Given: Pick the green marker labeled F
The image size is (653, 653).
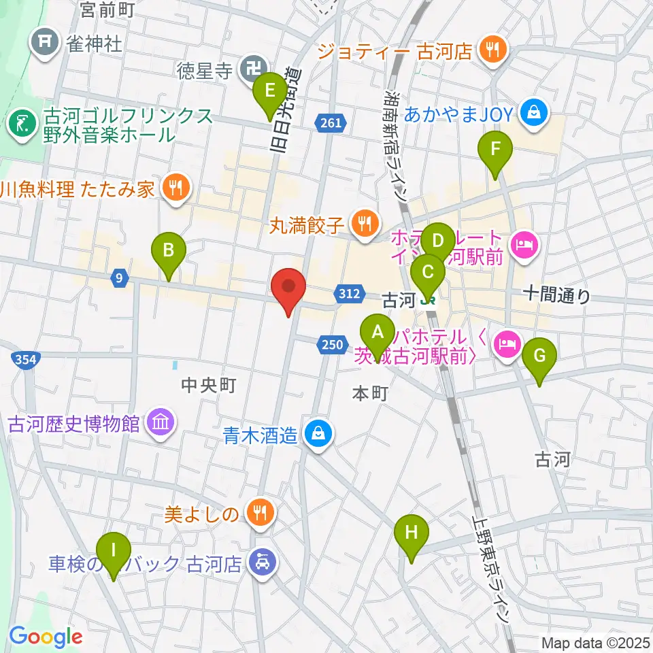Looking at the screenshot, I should point(495,150).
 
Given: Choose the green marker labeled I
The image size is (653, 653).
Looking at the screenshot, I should point(114,550).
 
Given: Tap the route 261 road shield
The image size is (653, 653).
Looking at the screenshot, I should point(331,122).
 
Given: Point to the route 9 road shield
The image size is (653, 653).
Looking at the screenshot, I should point(119,277).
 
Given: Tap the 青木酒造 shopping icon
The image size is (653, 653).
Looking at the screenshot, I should point(318,433).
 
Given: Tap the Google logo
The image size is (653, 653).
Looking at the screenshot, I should point(46,637).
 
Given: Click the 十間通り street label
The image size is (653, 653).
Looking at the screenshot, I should point(556,295).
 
